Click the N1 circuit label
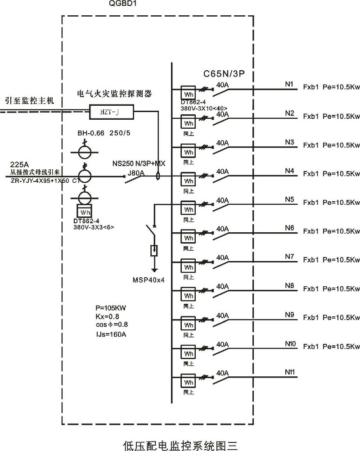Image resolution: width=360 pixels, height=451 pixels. pos(289,85)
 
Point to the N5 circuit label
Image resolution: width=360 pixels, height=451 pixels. pos(289,199)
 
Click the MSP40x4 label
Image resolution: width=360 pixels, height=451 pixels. pos(148,280)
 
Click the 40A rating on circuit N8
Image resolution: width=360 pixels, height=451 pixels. pos(223,286)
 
